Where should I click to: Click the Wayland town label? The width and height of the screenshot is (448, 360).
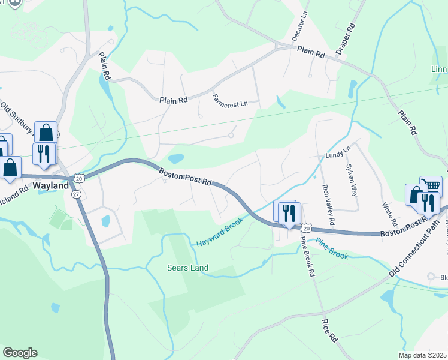[50, 186]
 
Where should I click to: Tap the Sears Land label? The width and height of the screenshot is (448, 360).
[187, 268]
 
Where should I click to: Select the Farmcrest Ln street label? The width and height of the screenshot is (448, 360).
[231, 100]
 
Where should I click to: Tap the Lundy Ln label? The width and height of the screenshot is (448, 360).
[337, 154]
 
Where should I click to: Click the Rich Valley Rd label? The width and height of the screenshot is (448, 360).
[328, 203]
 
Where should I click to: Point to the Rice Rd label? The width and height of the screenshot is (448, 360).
[330, 331]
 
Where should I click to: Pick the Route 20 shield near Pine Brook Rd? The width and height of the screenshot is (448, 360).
[307, 229]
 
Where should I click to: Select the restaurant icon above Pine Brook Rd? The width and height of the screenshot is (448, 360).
[289, 212]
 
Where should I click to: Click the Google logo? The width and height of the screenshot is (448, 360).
[20, 353]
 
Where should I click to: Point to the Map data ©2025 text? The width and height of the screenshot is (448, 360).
[422, 355]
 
